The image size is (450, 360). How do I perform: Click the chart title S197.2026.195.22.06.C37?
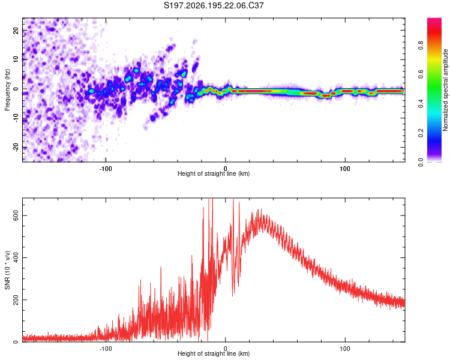coord(214,5)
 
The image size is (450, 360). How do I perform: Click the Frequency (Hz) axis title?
coord(7,90)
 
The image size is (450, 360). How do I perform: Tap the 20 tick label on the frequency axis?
coord(16,31)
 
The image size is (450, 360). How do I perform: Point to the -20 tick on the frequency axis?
coord(16,148)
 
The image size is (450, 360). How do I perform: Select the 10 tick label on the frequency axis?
coord(16,60)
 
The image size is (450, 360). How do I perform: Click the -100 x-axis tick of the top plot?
coord(106,169)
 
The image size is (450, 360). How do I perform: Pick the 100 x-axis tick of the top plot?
coord(344,169)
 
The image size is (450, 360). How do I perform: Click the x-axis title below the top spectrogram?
coord(214,173)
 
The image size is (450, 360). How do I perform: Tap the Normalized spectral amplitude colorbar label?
coord(445,90)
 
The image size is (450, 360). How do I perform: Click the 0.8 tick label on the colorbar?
coord(421,46)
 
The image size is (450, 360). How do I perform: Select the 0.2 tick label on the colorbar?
coord(421,133)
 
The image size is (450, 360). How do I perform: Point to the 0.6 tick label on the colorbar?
coord(421,74)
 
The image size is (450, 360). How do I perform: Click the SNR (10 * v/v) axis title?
coord(7,270)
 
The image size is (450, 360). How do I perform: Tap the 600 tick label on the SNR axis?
coord(16,215)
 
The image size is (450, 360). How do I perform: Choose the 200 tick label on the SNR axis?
coord(16,300)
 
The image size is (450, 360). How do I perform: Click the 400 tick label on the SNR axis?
coord(16,258)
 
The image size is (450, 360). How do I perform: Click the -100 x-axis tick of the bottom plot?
coord(106,349)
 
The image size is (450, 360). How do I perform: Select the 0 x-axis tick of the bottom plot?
coord(225,349)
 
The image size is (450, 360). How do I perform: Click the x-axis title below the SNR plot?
coord(214,353)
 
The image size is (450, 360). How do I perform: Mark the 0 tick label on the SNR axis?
coord(16,342)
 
